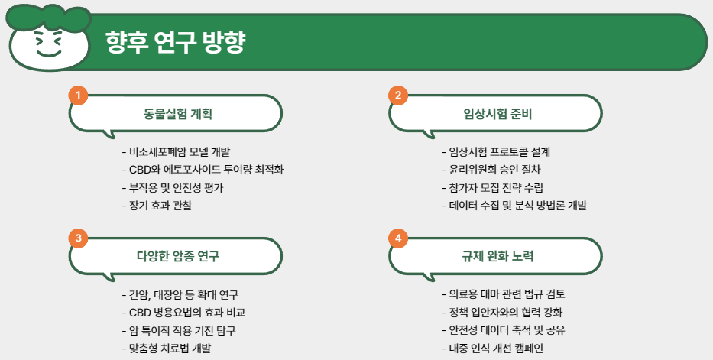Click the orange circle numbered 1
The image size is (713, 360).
(x=78, y=95)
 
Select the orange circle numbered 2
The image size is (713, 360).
(x=398, y=95)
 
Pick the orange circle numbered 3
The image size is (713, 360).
(x=78, y=238)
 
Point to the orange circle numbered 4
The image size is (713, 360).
(x=398, y=238)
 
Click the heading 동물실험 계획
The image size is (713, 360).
(x=178, y=115)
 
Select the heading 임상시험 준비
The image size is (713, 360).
(x=497, y=115)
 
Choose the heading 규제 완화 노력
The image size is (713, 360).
(x=497, y=255)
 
